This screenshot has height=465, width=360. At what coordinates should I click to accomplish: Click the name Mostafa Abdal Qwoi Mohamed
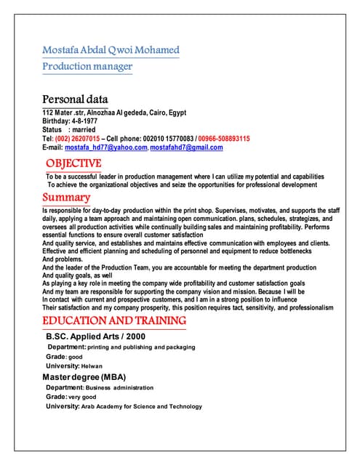111,50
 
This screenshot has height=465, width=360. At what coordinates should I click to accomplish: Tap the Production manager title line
87,66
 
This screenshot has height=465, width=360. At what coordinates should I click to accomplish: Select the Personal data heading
76,99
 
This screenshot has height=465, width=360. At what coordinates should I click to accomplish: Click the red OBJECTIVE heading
73,163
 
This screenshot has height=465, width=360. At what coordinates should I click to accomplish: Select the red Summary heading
66,198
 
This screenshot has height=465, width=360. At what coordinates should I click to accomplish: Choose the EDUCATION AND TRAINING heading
113,320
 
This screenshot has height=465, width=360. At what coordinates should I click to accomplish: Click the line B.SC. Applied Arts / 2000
96,336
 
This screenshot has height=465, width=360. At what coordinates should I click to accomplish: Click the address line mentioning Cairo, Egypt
114,113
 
